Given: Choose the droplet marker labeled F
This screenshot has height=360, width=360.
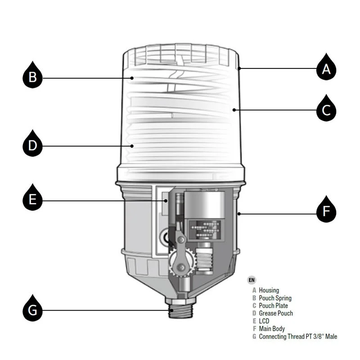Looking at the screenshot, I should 326,210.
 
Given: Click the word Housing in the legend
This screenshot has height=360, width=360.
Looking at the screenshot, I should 269,290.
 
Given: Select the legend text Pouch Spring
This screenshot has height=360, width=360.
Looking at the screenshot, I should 275,298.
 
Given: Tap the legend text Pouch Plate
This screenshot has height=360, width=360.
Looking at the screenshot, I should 273,306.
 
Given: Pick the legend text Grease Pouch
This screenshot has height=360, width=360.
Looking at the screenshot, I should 276,313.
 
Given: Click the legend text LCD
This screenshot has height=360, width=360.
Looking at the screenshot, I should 264,321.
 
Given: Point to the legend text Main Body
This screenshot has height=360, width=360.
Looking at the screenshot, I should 272,328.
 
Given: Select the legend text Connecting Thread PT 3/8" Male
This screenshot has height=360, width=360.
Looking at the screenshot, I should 298,336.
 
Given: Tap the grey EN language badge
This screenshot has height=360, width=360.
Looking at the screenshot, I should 251,279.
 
